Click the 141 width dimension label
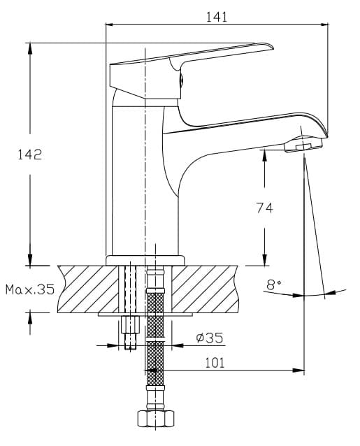(x=217, y=17)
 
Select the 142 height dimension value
(x=30, y=154)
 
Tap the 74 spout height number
(x=264, y=208)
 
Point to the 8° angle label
(x=274, y=284)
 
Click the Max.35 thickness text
(x=30, y=289)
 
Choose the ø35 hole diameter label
(x=210, y=338)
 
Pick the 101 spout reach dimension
(x=215, y=363)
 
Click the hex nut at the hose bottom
(x=156, y=419)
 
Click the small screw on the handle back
(x=181, y=80)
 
